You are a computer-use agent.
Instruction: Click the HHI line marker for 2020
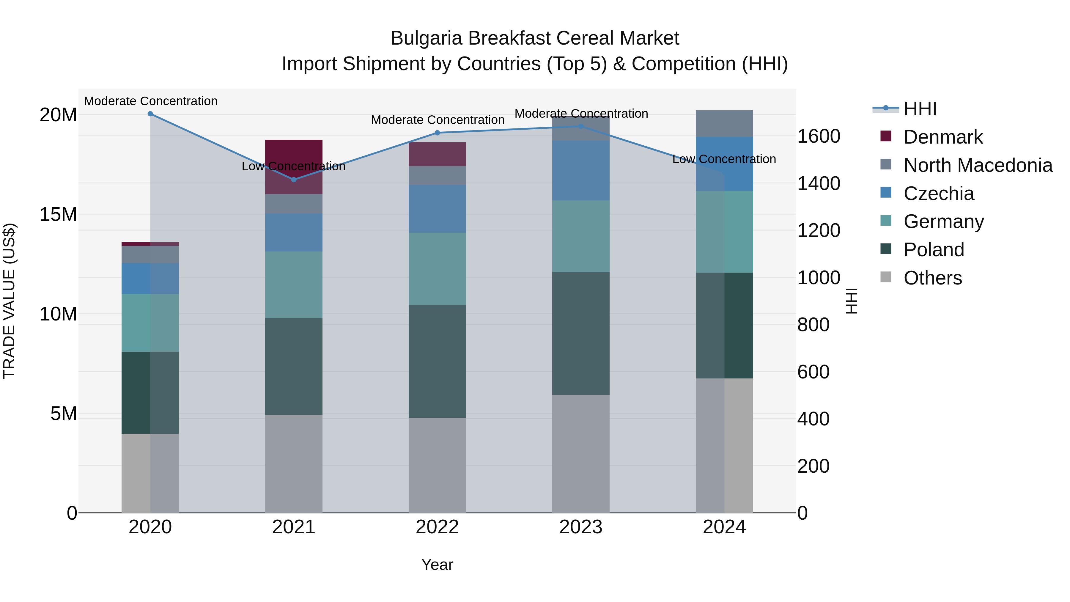click(150, 114)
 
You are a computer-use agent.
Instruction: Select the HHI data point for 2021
click(294, 180)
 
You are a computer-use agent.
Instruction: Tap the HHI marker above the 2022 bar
click(437, 133)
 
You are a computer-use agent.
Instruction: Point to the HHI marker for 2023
click(581, 126)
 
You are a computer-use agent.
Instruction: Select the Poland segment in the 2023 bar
click(581, 333)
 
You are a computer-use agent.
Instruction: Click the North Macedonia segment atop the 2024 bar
click(724, 123)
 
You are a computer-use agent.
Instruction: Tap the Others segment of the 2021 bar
click(294, 463)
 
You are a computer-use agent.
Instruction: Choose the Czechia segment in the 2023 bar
click(581, 170)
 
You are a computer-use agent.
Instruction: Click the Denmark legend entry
click(943, 137)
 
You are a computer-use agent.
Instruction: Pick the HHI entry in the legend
click(920, 109)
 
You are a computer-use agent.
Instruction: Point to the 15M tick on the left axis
click(58, 214)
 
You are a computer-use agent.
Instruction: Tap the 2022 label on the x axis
click(437, 527)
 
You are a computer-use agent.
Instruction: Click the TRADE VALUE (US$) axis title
click(9, 301)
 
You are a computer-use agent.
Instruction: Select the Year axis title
click(437, 565)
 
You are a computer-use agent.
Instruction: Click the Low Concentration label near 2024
click(724, 159)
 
